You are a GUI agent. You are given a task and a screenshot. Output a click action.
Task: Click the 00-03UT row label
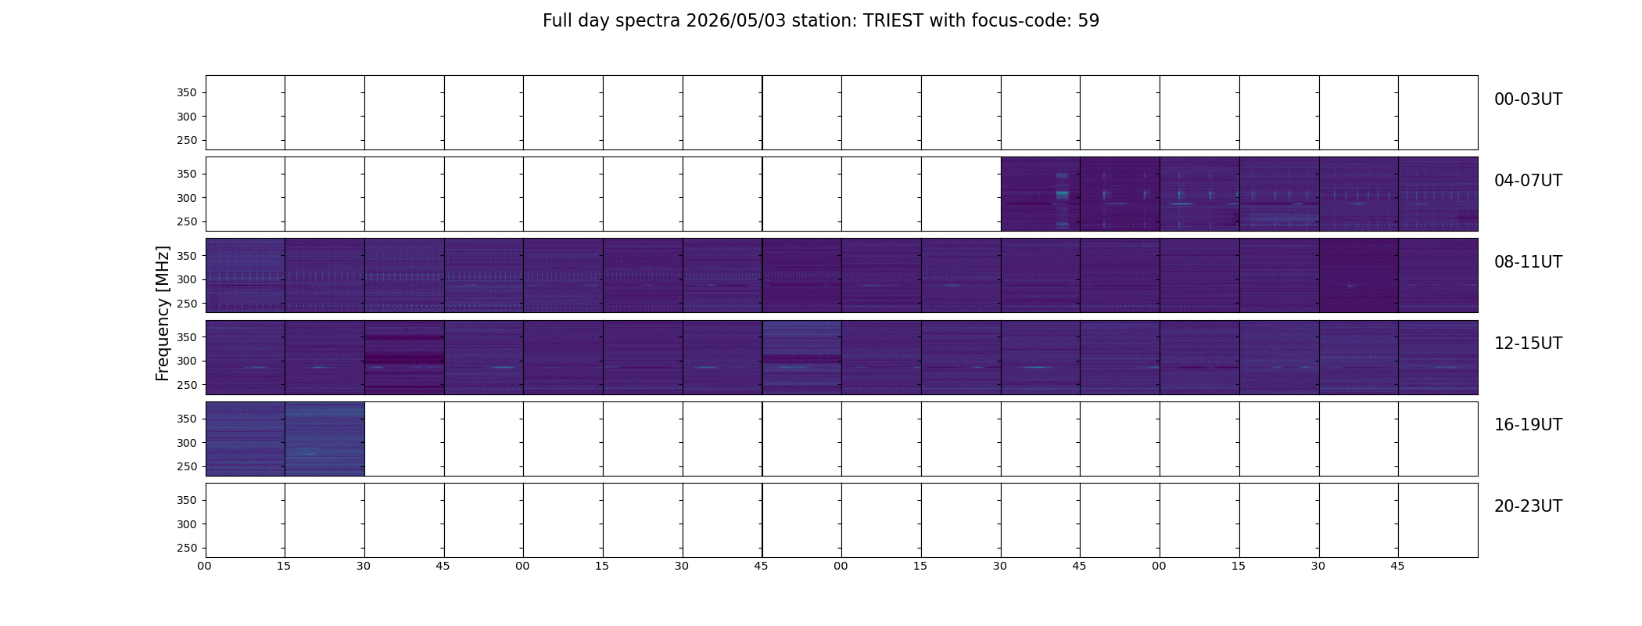1528,99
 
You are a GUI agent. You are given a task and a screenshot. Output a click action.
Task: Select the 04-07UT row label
1528,181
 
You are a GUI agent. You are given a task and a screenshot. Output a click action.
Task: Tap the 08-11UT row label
1528,262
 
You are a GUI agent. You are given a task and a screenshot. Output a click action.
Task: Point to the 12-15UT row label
1528,344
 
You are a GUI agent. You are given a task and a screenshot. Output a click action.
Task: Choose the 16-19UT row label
1528,425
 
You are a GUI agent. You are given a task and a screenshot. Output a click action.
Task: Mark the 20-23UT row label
1528,506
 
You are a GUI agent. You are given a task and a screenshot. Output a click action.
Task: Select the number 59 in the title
1088,21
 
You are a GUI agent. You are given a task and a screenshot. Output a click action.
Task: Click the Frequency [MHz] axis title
163,313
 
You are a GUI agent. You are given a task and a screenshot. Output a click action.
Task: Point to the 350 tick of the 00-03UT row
188,92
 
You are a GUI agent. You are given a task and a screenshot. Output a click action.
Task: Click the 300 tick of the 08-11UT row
188,279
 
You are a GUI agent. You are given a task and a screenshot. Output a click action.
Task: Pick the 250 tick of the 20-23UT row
188,548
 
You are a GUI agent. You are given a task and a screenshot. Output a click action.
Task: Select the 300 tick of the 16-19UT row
188,443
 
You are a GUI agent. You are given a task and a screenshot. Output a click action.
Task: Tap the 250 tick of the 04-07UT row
188,221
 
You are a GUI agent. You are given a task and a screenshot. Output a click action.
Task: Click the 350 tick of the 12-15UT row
188,337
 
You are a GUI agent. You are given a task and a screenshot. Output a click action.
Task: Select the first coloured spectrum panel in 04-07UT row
1041,194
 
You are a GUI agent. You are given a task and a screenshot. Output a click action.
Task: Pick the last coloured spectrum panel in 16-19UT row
324,439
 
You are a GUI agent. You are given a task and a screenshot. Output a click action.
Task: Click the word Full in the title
557,21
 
